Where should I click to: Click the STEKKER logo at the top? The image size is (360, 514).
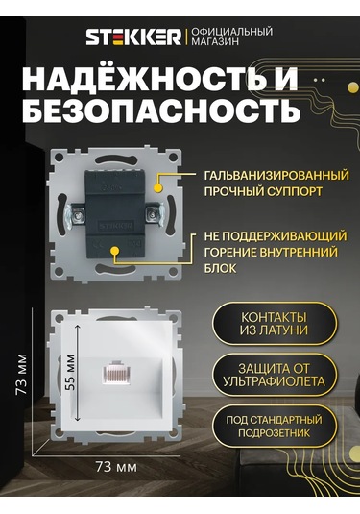pyautogui.click(x=133, y=37)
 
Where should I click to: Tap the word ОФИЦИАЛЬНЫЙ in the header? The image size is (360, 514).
pyautogui.click(x=232, y=32)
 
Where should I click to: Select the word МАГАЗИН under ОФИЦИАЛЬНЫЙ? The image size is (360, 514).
pyautogui.click(x=215, y=41)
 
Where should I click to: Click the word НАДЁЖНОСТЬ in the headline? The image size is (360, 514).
pyautogui.click(x=146, y=80)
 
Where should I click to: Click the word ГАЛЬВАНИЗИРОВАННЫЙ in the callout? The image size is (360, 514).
pyautogui.click(x=276, y=176)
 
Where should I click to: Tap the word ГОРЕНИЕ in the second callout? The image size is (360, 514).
pyautogui.click(x=229, y=253)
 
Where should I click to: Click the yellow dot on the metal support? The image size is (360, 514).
pyautogui.click(x=158, y=188)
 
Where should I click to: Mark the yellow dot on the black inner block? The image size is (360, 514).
pyautogui.click(x=114, y=251)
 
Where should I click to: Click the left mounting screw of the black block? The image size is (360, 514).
pyautogui.click(x=77, y=215)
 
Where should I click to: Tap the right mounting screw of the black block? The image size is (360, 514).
pyautogui.click(x=154, y=214)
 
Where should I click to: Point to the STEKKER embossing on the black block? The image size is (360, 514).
pyautogui.click(x=115, y=226)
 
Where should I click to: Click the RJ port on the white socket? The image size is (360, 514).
pyautogui.click(x=116, y=373)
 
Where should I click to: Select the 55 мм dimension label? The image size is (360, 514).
pyautogui.click(x=70, y=372)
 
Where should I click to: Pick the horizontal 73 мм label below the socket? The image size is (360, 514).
pyautogui.click(x=116, y=466)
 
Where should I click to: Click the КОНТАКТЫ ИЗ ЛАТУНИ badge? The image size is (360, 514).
pyautogui.click(x=274, y=324)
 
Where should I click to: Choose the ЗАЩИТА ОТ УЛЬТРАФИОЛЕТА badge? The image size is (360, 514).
pyautogui.click(x=274, y=375)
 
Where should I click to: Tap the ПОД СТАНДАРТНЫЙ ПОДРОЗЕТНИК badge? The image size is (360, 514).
pyautogui.click(x=274, y=427)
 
